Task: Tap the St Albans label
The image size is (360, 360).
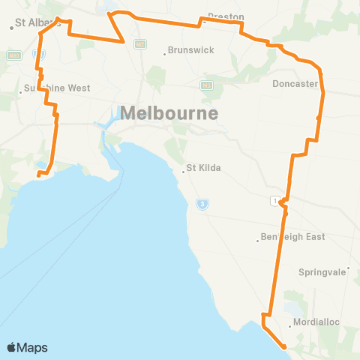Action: [39, 22]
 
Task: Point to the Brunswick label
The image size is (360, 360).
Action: [191, 50]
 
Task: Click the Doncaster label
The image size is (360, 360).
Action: [295, 84]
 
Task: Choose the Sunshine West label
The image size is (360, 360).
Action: [56, 88]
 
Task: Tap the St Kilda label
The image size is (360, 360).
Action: [203, 168]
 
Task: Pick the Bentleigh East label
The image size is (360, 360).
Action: [293, 237]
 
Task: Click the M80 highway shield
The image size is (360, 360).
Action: [13, 55]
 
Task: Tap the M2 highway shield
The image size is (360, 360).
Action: [139, 45]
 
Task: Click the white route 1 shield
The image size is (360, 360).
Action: [277, 199]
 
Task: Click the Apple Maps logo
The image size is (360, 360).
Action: [27, 347]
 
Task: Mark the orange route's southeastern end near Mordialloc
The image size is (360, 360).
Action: [284, 346]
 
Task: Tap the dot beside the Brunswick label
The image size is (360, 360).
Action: [165, 53]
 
